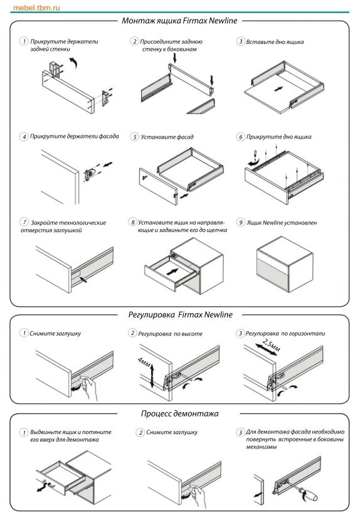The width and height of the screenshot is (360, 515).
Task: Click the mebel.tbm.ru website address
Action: click(x=36, y=8)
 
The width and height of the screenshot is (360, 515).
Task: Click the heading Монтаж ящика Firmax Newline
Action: click(x=179, y=21)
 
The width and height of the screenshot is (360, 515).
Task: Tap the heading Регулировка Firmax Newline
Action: click(x=181, y=315)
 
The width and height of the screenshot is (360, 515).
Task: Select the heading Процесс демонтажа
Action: click(x=179, y=413)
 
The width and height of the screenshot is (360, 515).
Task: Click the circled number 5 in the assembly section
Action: click(x=134, y=137)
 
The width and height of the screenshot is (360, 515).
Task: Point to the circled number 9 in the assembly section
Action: click(x=240, y=222)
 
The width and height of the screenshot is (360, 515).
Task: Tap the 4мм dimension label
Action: click(x=144, y=363)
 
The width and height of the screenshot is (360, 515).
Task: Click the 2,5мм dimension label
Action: click(x=272, y=346)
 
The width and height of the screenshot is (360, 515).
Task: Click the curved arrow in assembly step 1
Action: click(x=74, y=62)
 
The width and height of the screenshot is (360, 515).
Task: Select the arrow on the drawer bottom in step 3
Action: click(x=279, y=88)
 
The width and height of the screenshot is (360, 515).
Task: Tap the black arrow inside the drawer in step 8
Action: click(x=172, y=272)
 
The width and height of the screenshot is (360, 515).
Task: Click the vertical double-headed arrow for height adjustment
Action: click(x=152, y=376)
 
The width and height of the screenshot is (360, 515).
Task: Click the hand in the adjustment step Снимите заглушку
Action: click(x=89, y=388)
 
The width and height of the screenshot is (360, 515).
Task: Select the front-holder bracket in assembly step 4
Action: click(x=89, y=174)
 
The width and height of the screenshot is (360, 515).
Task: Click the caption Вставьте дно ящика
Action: click(x=275, y=41)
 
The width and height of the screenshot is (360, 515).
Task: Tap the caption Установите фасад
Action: click(x=167, y=137)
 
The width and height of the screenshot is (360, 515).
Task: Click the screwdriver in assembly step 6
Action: click(x=255, y=154)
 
